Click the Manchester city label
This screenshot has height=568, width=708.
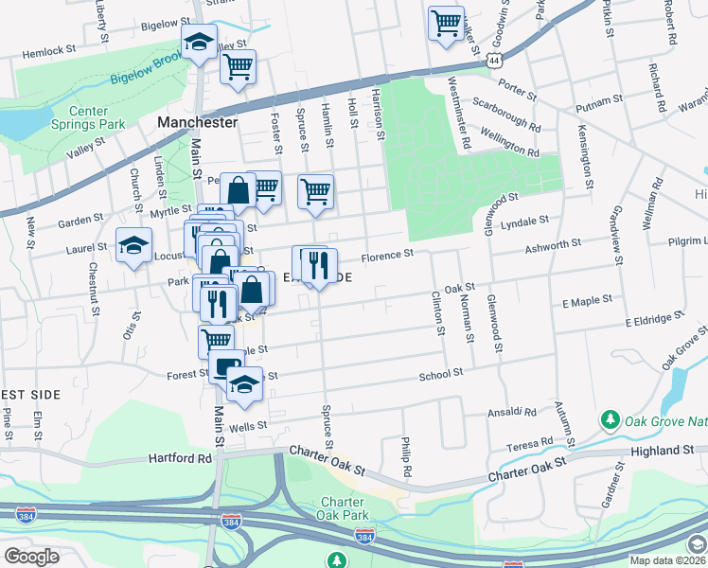click(197, 123)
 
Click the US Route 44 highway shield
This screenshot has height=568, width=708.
click(493, 59)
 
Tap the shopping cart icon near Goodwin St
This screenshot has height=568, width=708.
click(446, 23)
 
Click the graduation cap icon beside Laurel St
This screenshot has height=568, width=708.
click(133, 245)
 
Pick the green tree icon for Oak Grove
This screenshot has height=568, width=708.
click(611, 418)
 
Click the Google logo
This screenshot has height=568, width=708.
click(31, 556)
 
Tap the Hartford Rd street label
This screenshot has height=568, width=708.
click(179, 458)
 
